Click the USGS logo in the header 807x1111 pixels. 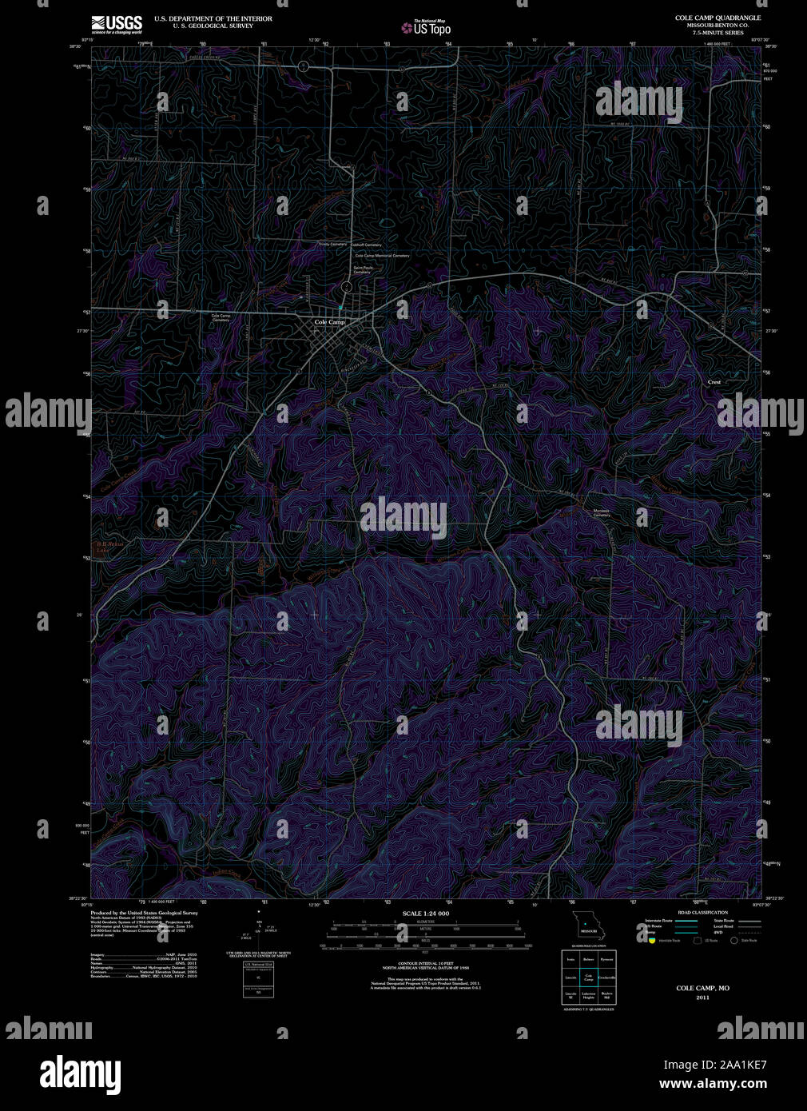[117, 23]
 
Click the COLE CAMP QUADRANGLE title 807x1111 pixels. [718, 18]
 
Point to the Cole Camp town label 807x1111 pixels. [329, 322]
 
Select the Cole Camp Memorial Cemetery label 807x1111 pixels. [381, 256]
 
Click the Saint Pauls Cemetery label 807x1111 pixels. [363, 269]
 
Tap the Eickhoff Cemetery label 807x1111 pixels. [368, 245]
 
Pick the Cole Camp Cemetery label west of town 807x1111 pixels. [221, 317]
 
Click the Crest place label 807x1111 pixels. [714, 382]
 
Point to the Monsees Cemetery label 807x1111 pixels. [602, 513]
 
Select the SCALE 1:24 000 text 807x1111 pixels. [425, 913]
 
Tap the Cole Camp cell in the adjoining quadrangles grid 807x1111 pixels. [589, 977]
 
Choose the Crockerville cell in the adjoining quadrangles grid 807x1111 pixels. [606, 977]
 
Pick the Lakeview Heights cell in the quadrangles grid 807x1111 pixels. [589, 996]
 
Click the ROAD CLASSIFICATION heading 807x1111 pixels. [702, 912]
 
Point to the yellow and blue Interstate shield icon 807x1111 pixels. [651, 941]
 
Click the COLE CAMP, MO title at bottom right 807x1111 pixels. [702, 988]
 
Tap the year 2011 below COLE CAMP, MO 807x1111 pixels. [702, 998]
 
